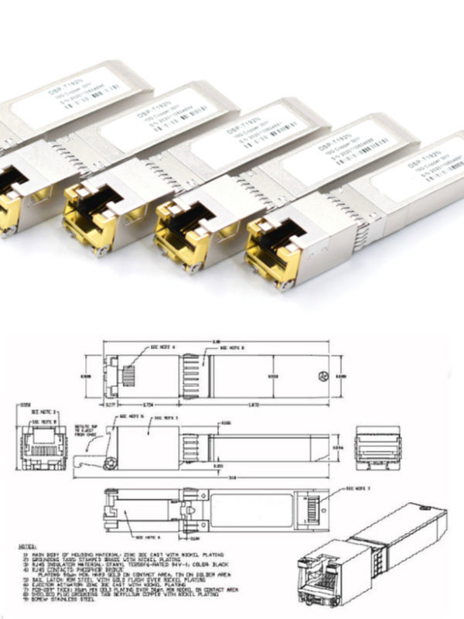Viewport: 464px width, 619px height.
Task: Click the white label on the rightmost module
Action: (418, 172)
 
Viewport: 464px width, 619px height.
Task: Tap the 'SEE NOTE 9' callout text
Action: (152, 535)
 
